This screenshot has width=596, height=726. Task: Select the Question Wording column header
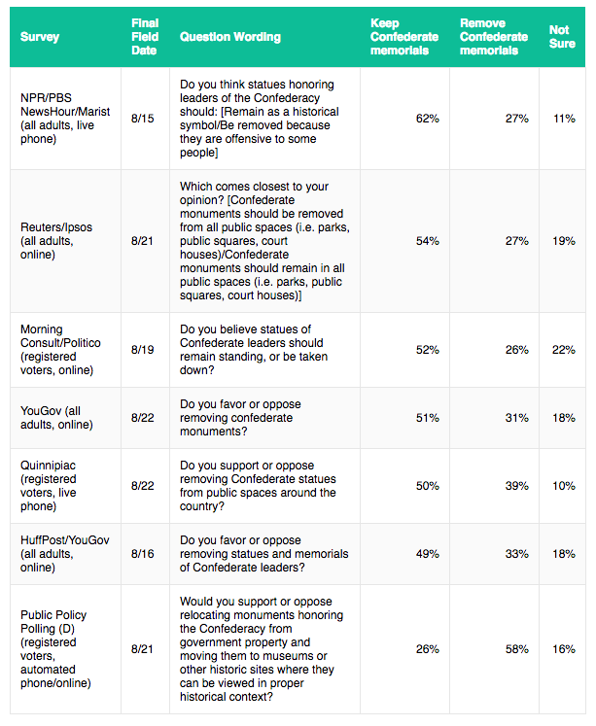pyautogui.click(x=230, y=37)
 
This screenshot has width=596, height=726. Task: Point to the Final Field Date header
pyautogui.click(x=146, y=37)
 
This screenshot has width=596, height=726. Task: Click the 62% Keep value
pyautogui.click(x=427, y=119)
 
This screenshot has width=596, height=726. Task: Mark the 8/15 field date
pyautogui.click(x=142, y=119)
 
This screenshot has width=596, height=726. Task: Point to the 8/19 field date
pyautogui.click(x=142, y=350)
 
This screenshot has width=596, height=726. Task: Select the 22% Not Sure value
pyautogui.click(x=563, y=350)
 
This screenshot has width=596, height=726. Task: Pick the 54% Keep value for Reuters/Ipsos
pyautogui.click(x=427, y=240)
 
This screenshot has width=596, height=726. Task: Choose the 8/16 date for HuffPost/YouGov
pyautogui.click(x=142, y=554)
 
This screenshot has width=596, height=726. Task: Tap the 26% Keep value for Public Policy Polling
pyautogui.click(x=427, y=649)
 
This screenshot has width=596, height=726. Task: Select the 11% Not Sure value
pyautogui.click(x=563, y=119)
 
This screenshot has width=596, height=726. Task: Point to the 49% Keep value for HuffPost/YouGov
pyautogui.click(x=427, y=554)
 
